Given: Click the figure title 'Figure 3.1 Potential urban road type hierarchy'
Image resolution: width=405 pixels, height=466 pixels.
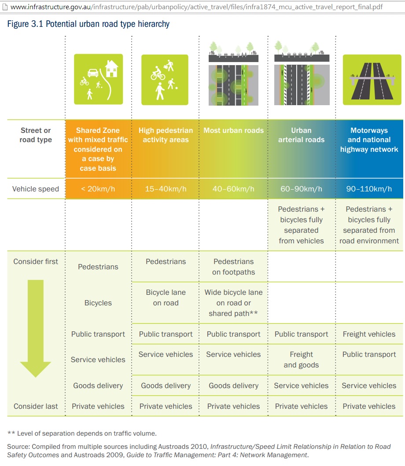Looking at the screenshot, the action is (x=88, y=24).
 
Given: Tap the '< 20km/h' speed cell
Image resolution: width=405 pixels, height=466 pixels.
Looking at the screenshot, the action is (x=98, y=189).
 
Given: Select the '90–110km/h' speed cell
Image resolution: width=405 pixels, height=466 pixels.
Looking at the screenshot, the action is (x=369, y=189).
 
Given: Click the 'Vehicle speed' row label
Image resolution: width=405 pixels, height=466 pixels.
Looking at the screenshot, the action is (x=36, y=189).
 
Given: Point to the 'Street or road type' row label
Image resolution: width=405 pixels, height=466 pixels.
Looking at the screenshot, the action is (x=36, y=135).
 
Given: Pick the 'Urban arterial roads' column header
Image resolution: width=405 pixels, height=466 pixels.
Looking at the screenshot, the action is (x=301, y=135).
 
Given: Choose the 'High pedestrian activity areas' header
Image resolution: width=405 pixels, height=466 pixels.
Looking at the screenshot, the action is (x=166, y=135).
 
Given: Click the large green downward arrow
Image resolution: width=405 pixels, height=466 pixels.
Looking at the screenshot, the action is (x=36, y=328).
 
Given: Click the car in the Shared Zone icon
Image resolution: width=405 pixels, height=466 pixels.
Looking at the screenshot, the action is (x=93, y=73).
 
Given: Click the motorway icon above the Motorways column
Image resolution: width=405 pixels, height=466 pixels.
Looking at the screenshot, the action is (x=372, y=80).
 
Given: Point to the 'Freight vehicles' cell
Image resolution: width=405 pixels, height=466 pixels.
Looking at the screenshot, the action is (x=369, y=334).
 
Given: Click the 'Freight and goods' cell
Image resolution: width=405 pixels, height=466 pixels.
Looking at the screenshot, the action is (x=301, y=360).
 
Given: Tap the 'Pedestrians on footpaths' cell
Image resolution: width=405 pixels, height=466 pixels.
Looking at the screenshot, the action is (x=233, y=267).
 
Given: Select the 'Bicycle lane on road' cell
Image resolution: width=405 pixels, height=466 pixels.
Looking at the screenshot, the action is (x=166, y=297).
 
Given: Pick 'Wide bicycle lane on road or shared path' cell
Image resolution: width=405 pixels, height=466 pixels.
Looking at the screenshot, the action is (x=233, y=303).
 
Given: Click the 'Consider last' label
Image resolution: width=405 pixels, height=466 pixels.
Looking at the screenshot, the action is (x=36, y=406).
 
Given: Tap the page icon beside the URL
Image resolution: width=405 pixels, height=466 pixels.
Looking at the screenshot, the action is (x=4, y=7).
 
